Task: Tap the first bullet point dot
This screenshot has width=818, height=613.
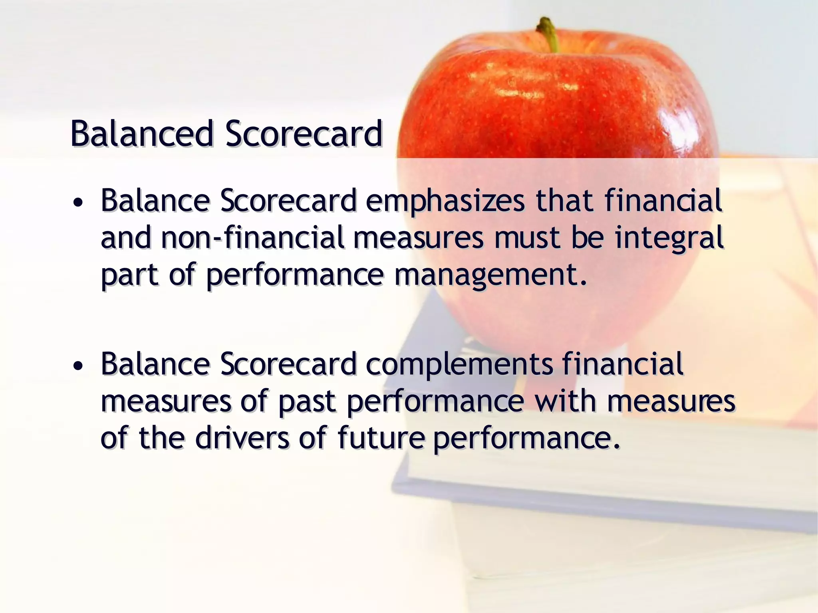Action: (79, 203)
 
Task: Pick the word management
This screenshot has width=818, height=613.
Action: (491, 275)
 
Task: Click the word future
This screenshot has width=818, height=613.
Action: (381, 438)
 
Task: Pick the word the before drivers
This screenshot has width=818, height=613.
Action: (161, 438)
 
